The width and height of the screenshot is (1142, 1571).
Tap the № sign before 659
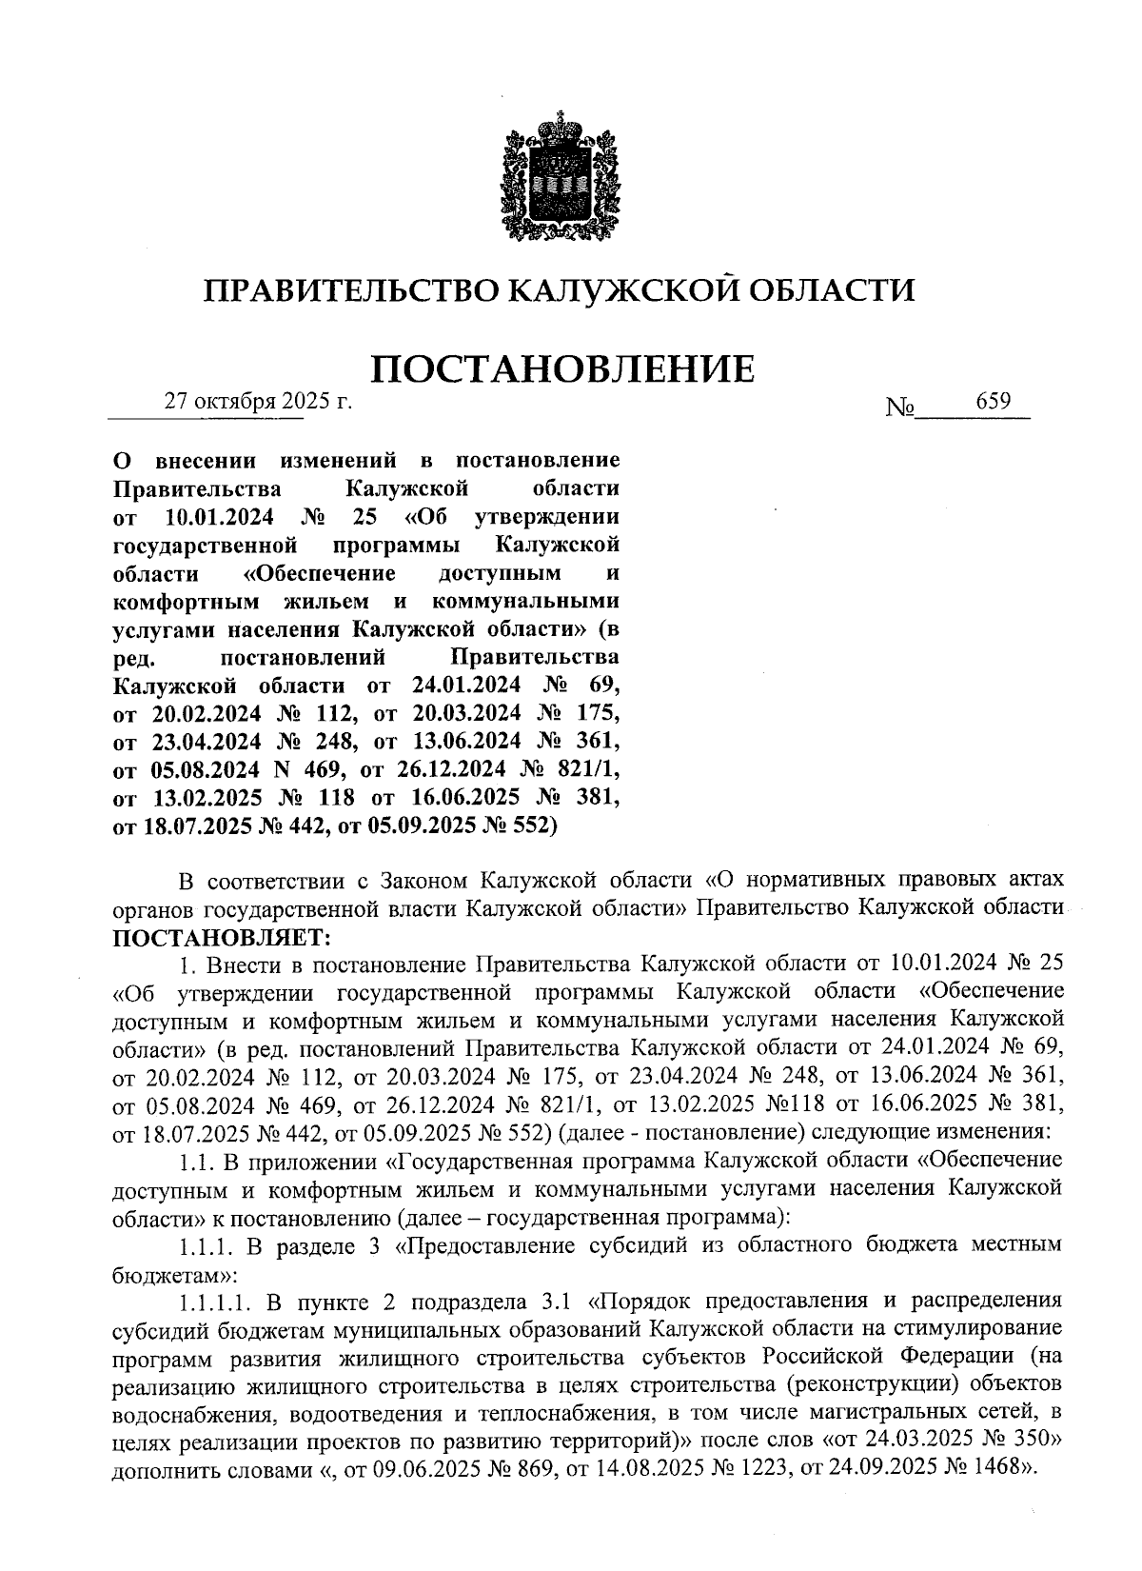coord(899,408)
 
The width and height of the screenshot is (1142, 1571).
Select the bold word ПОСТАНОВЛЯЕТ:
coord(221,937)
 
